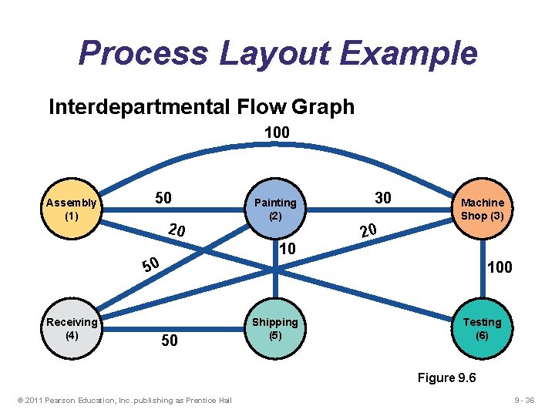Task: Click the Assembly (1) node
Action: [x=72, y=210]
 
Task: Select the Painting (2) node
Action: [x=275, y=210]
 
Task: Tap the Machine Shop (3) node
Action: [x=482, y=210]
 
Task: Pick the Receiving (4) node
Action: [x=72, y=328]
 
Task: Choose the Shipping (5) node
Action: [x=275, y=328]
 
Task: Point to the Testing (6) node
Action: [x=482, y=328]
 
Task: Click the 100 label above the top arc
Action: [x=277, y=133]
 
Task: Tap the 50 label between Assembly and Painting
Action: [x=163, y=198]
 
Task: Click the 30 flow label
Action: [x=382, y=198]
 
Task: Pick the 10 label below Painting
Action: [x=287, y=249]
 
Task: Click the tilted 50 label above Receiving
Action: [x=150, y=266]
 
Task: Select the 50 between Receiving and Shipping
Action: [x=170, y=341]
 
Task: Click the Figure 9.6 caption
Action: [x=446, y=377]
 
